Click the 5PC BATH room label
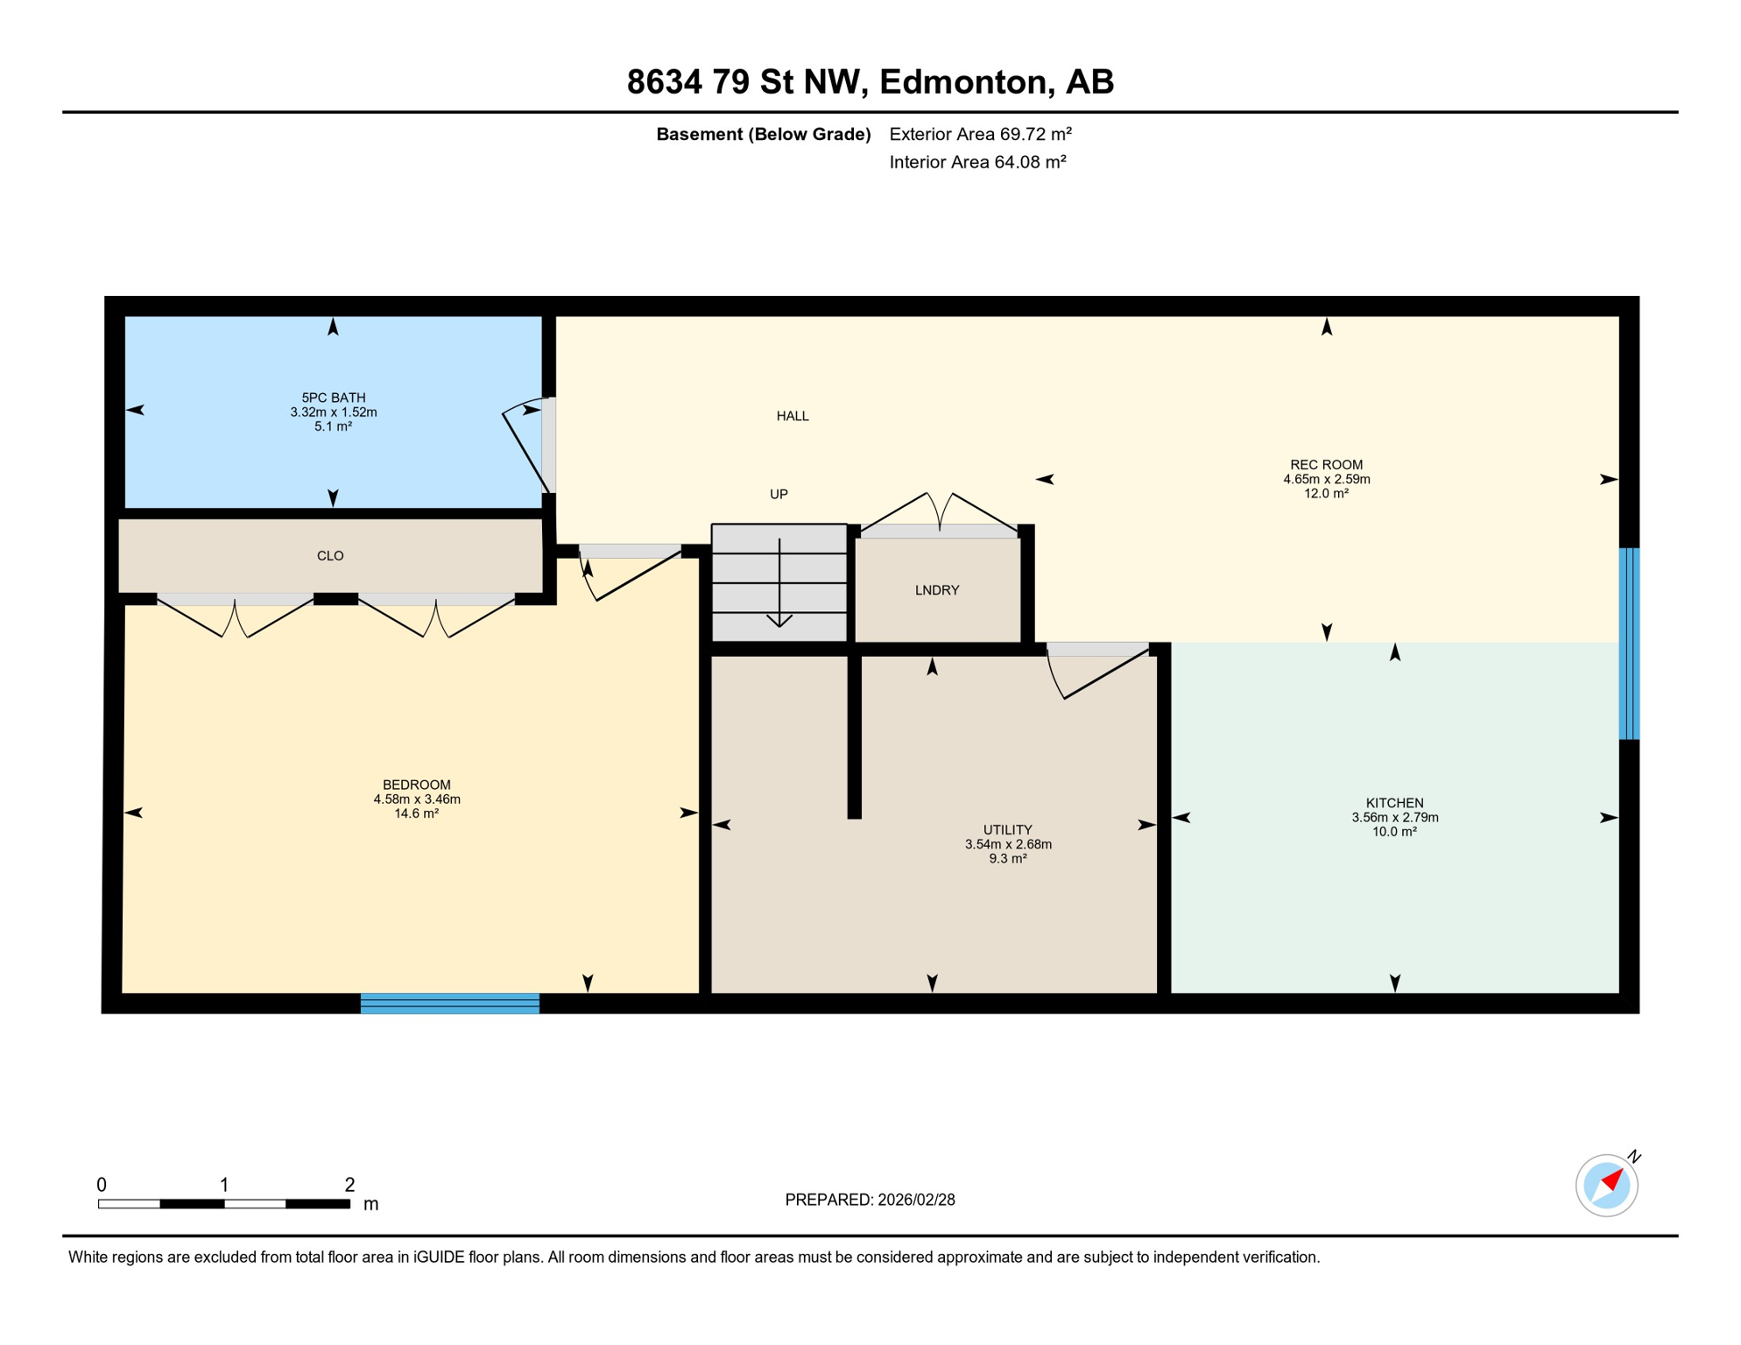coord(333,398)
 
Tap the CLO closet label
coord(330,556)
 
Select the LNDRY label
coord(936,590)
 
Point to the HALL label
coord(792,416)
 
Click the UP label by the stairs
coord(779,494)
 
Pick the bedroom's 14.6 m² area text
coord(416,813)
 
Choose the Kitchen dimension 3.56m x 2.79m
coord(1394,817)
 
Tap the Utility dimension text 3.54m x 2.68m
coord(1008,844)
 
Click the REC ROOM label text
coord(1326,465)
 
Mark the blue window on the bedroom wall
coord(450,1003)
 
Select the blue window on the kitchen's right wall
coord(1628,644)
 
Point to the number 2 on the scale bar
coord(349,1185)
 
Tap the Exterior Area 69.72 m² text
coord(980,134)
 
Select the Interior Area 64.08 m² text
coord(977,162)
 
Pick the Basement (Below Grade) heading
coord(763,134)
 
